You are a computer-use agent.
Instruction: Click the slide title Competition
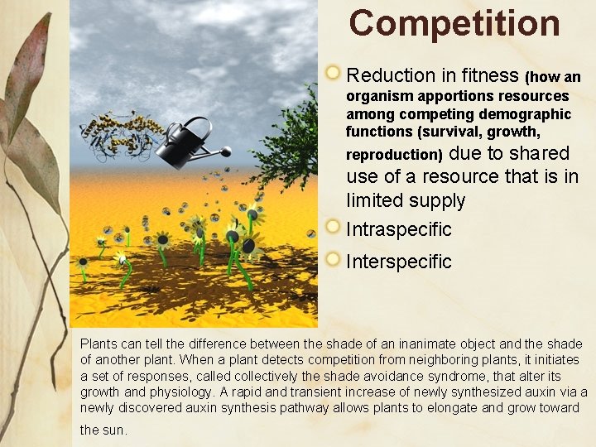[454, 23]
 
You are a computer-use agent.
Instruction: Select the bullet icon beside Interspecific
[333, 259]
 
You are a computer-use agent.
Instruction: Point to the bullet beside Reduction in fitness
[333, 74]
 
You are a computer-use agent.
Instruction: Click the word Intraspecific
[399, 229]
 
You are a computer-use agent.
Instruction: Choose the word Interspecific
[399, 262]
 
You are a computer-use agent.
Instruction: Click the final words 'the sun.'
[104, 430]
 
